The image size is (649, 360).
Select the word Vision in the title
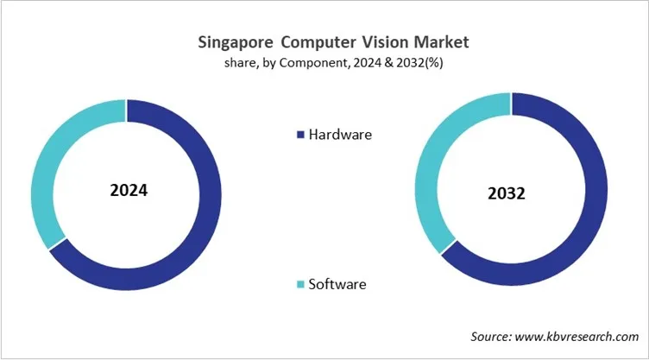pos(370,41)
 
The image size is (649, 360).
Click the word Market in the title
pos(431,41)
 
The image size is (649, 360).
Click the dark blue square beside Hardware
pos(300,135)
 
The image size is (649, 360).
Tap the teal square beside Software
pos(300,284)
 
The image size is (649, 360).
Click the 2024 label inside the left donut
pos(129,190)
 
